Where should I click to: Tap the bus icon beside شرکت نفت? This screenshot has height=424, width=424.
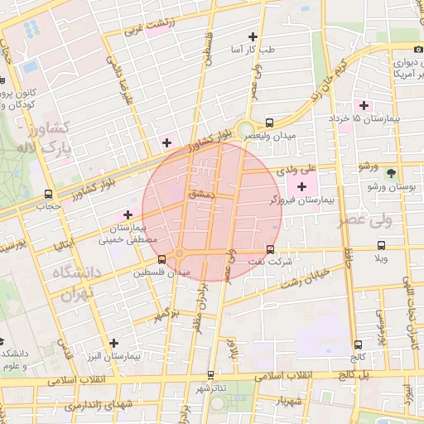(x=271, y=248)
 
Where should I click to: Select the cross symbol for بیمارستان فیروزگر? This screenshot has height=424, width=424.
(x=301, y=186)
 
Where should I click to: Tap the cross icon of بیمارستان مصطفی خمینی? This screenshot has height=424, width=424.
(x=128, y=214)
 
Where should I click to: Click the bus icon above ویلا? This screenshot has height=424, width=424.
(x=381, y=245)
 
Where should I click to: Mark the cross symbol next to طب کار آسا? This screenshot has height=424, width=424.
(x=253, y=36)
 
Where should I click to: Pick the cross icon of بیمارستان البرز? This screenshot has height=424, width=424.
(x=113, y=342)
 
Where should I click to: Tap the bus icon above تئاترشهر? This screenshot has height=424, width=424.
(x=210, y=374)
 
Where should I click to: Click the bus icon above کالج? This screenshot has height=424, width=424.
(x=358, y=344)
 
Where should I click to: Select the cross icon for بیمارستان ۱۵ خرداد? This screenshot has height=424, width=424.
(x=363, y=105)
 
